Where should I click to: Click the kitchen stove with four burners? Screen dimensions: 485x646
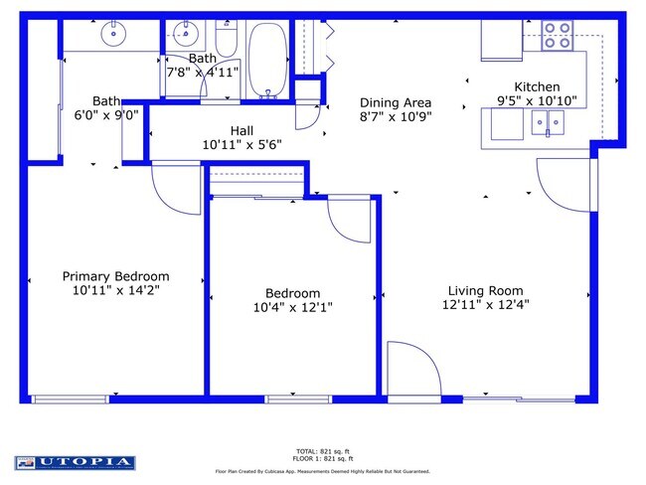(557, 36)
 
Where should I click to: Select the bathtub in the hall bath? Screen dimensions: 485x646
(265, 61)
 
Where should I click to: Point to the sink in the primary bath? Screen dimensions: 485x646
(115, 35)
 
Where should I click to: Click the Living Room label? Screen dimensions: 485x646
(485, 291)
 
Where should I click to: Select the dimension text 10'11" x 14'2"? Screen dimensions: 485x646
(115, 291)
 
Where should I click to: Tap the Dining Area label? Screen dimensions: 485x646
(395, 102)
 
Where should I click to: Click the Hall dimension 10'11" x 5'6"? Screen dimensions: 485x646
(242, 144)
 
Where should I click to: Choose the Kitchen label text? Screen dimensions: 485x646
(536, 86)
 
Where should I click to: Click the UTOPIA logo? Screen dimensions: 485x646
(75, 462)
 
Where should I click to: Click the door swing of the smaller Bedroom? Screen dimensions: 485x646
(347, 220)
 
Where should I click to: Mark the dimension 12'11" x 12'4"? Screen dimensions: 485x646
(485, 306)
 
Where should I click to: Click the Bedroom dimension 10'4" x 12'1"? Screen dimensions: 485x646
(292, 308)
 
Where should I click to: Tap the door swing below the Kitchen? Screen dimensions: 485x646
(565, 185)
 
